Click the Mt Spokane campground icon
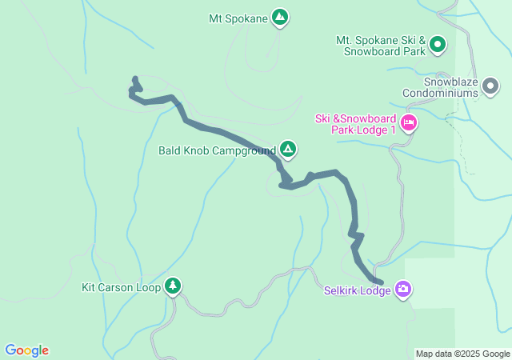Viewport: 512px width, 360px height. [x=279, y=17]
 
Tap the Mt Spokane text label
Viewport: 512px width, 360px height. [x=237, y=17]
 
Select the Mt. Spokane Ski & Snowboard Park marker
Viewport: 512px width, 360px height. [x=438, y=46]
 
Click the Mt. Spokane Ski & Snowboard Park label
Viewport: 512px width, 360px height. [x=380, y=46]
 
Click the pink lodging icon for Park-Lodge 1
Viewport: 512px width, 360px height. [x=409, y=122]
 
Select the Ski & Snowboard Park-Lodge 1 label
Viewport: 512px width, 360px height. [x=355, y=124]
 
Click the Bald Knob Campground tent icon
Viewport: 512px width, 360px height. [x=288, y=149]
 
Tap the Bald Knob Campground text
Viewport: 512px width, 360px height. [x=216, y=150]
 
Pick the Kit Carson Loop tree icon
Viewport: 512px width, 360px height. [x=173, y=286]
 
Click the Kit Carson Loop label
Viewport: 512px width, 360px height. [x=122, y=286]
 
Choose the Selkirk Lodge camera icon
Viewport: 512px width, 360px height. [x=403, y=289]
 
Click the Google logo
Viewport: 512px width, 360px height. [x=26, y=350]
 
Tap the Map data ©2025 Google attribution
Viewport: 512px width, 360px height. [x=462, y=354]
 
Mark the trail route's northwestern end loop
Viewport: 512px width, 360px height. [x=135, y=86]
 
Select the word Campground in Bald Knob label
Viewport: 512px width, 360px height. [x=243, y=150]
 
